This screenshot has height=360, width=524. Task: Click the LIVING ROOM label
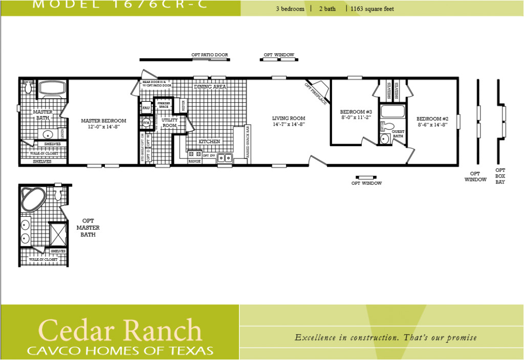[x=289, y=118]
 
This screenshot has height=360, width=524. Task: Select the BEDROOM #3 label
[x=352, y=111]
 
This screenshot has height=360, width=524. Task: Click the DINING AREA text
[x=210, y=87]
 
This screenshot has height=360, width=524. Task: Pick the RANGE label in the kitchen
[x=194, y=162]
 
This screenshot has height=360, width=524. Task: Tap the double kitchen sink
[x=225, y=158]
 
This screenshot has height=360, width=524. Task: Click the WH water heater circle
[x=146, y=123]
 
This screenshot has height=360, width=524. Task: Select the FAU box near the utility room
[x=145, y=108]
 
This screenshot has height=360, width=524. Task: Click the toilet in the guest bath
[x=389, y=126]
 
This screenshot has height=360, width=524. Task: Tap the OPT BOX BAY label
[x=500, y=176]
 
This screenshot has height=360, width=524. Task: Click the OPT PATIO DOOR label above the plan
[x=210, y=55]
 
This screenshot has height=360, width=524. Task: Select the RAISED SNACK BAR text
[x=248, y=144]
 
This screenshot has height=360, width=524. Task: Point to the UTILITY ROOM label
[x=169, y=123]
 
